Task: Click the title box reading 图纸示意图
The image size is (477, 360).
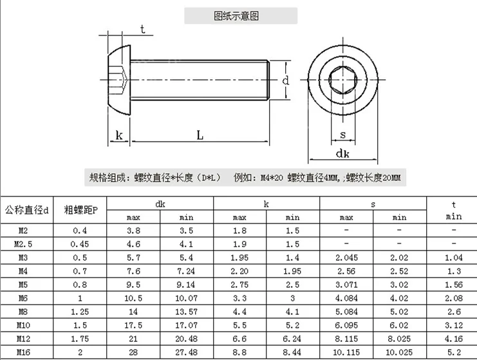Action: [241, 16]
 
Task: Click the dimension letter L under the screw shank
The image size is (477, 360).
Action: [200, 135]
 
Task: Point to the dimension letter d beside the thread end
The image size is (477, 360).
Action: [285, 81]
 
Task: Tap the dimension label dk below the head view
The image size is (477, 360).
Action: [342, 153]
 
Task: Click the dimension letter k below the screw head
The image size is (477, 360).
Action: [118, 135]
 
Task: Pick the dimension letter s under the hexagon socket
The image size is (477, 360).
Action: [342, 135]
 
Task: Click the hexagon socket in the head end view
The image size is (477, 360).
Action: [342, 82]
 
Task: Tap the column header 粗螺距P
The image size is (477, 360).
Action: [80, 210]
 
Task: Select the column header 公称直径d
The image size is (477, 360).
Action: [27, 210]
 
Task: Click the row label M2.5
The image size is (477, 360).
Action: [23, 244]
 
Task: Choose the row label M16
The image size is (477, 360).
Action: [23, 353]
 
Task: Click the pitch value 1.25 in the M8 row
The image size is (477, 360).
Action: [80, 312]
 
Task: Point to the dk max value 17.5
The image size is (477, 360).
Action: [133, 325]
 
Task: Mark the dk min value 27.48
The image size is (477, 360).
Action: [187, 353]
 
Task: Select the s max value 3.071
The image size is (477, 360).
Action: [346, 285]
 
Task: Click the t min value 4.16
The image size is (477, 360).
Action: [453, 339]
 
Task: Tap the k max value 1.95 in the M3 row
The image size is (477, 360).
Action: [239, 258]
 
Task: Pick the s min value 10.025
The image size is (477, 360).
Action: [399, 353]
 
